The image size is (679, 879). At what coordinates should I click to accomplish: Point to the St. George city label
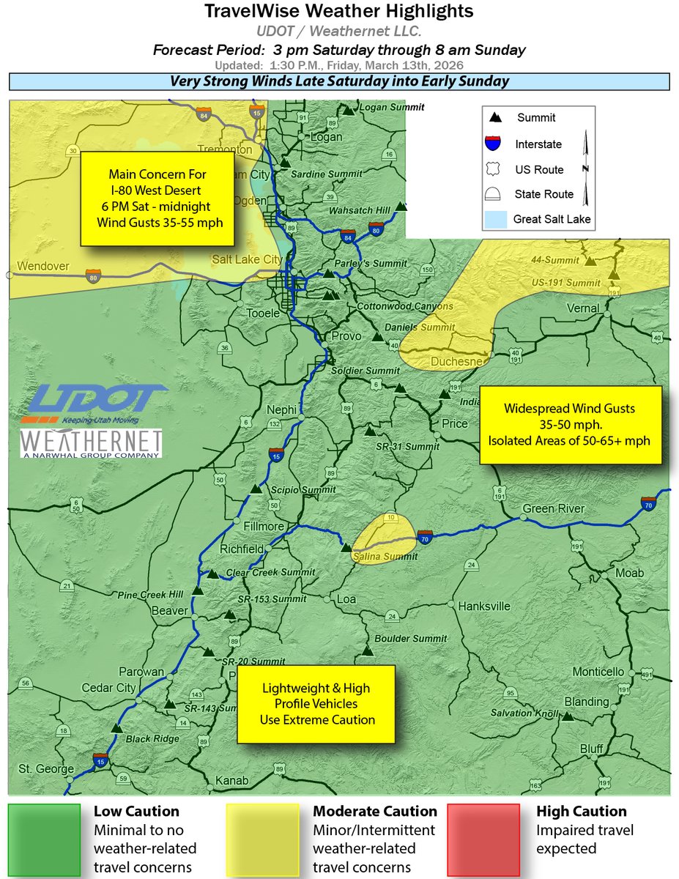pos(46,769)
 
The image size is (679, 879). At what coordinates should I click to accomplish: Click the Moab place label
pos(630,573)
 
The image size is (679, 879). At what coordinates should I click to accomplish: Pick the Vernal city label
pos(583,308)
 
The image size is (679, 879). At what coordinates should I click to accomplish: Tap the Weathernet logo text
pos(91,443)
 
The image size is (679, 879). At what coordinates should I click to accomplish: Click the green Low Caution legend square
pos(44,839)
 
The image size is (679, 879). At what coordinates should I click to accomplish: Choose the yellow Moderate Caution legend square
pos(262,839)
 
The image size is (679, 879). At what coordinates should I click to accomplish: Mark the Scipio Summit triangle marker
pos(255,489)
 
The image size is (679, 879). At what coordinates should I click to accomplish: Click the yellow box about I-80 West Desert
pos(157,199)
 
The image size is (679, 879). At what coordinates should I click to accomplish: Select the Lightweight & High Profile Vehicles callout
pos(316,704)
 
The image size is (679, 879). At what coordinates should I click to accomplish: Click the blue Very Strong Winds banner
pos(339,81)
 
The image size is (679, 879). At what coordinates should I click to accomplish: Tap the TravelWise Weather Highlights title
pos(339,12)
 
